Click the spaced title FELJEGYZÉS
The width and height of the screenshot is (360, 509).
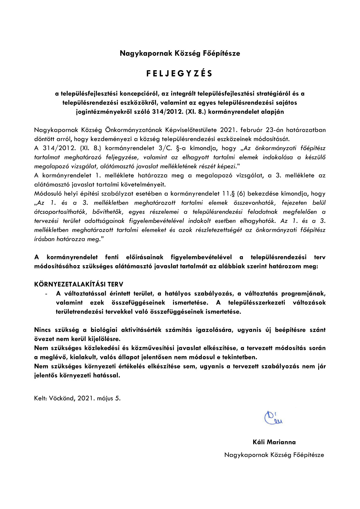coord(180,74)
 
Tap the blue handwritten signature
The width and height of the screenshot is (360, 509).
coord(273,418)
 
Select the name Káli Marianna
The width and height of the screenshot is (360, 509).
coord(274,442)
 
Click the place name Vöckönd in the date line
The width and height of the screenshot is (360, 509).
coord(62,398)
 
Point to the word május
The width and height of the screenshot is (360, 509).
coord(105,398)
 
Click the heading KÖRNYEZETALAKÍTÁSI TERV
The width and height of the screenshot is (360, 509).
coord(79,284)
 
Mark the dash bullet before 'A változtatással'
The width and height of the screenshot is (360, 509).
coord(46,294)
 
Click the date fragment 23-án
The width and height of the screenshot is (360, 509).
coord(275,130)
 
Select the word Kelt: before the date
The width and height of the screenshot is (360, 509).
coord(41,398)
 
